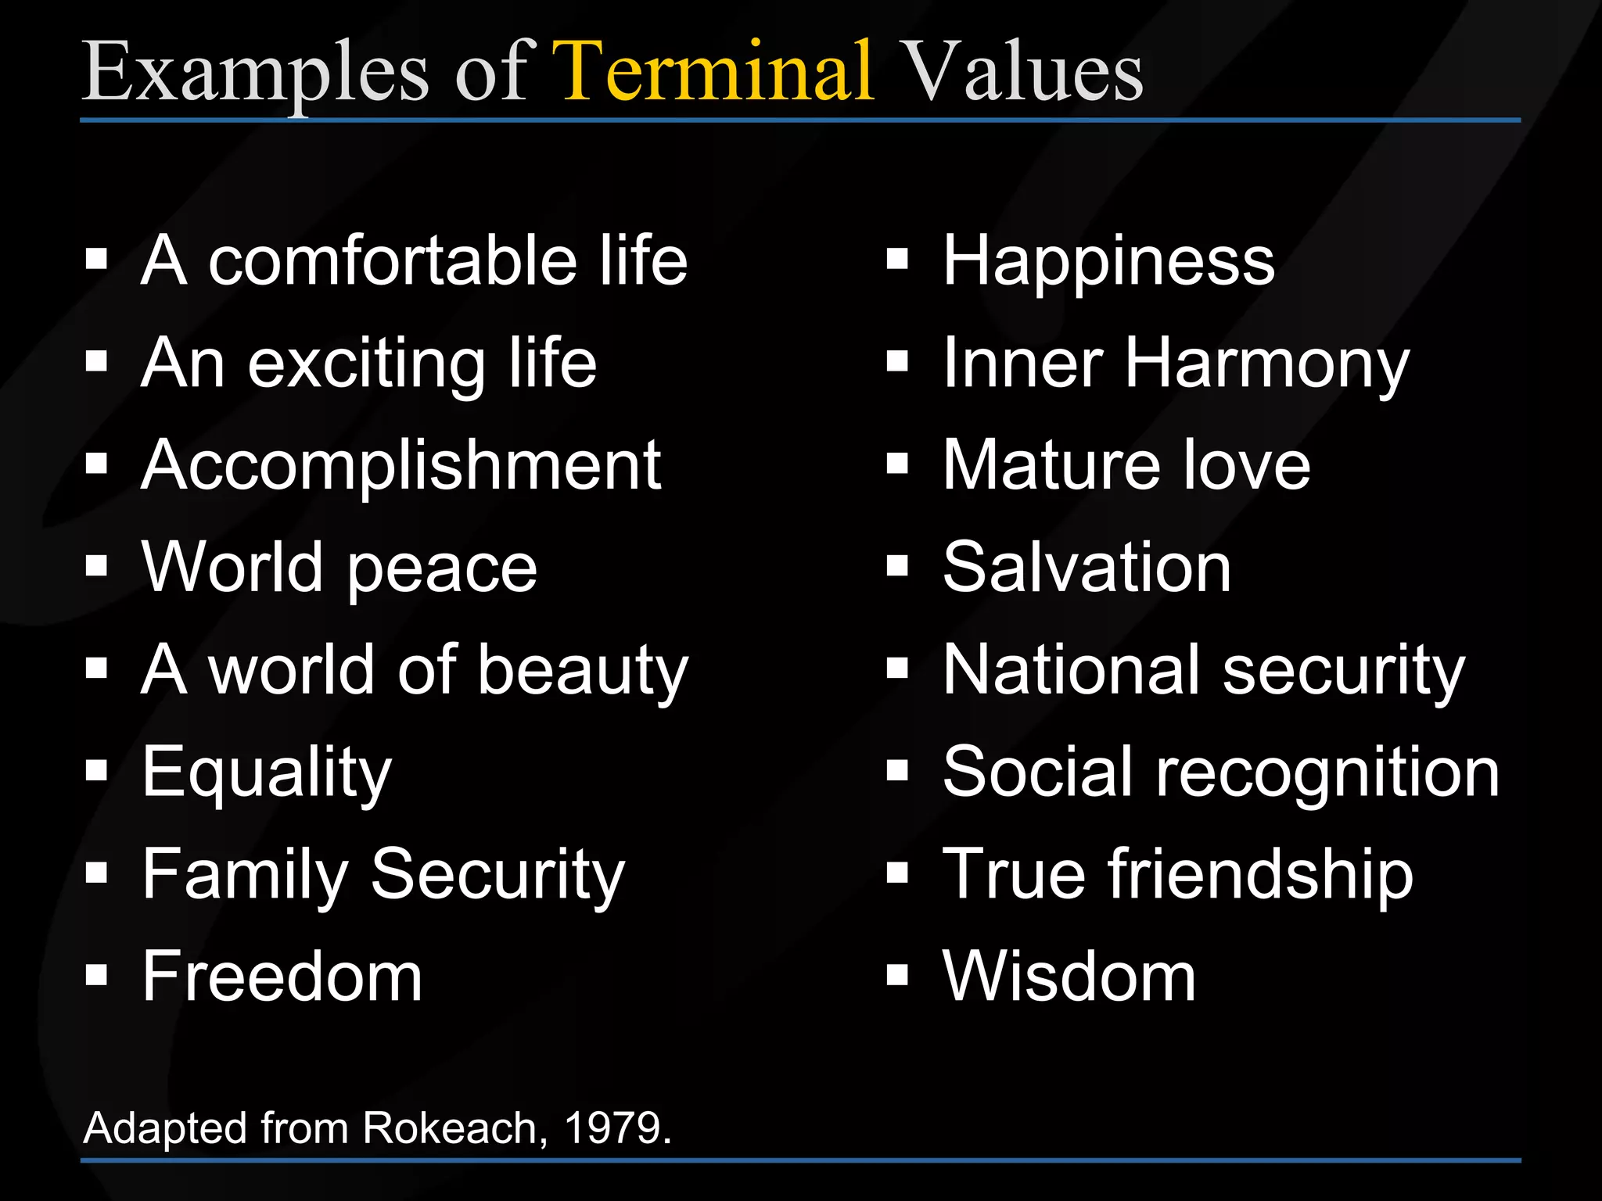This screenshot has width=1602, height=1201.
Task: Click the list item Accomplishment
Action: pyautogui.click(x=401, y=466)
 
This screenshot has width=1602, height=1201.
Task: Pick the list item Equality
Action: pyautogui.click(x=267, y=773)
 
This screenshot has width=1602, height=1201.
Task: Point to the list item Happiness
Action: pyautogui.click(x=1108, y=262)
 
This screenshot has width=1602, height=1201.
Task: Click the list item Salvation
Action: pyautogui.click(x=1087, y=568)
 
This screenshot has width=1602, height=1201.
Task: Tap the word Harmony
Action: pyautogui.click(x=1266, y=364)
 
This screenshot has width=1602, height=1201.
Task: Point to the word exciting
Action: pyautogui.click(x=367, y=364)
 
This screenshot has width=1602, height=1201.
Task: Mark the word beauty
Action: pyautogui.click(x=583, y=671)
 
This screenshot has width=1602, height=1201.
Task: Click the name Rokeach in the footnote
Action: pyautogui.click(x=450, y=1128)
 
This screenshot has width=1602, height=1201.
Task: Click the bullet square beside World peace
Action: pyautogui.click(x=96, y=565)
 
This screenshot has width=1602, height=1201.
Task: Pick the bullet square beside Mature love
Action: pyautogui.click(x=897, y=464)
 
